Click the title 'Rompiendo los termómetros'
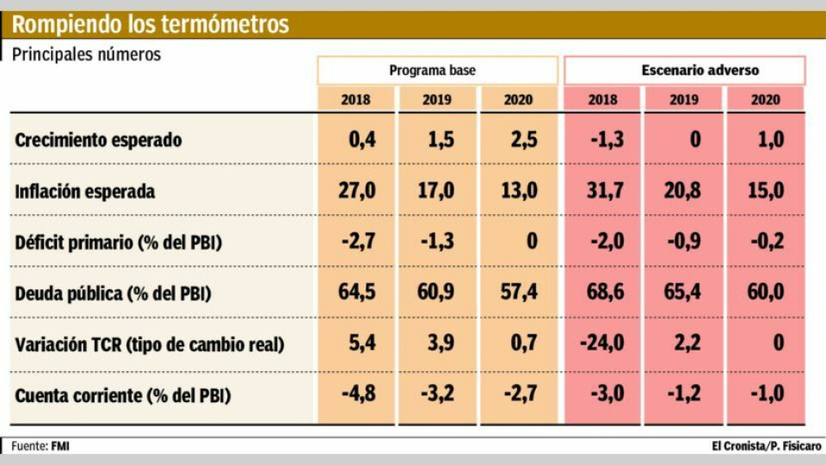point(151,24)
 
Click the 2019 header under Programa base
point(437,99)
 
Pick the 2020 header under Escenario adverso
point(765,99)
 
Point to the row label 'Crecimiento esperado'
point(98,140)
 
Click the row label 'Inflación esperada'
point(85,191)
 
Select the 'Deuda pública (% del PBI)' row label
point(113,293)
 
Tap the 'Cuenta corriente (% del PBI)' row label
point(123,396)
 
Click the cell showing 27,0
point(356,190)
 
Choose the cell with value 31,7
point(602,190)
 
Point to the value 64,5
point(356,293)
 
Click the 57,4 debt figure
point(519,293)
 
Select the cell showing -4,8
point(356,396)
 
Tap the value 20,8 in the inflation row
point(682,190)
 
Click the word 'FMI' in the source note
point(61,446)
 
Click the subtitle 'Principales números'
point(86,53)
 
